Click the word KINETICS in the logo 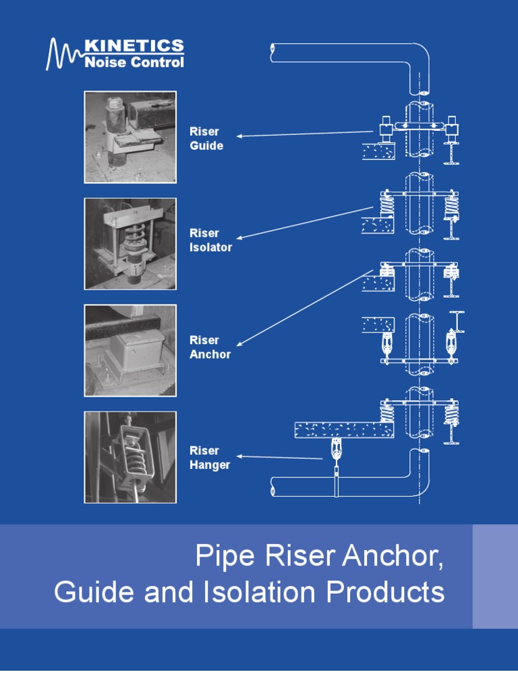[x=134, y=47]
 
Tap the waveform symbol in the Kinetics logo [x=63, y=55]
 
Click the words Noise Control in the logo [x=134, y=63]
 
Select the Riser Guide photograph [x=130, y=137]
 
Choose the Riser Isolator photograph [x=130, y=244]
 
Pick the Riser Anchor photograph [x=130, y=350]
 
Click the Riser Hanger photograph [x=130, y=457]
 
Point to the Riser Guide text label [x=206, y=138]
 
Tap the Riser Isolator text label [x=210, y=240]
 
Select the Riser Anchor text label [x=210, y=347]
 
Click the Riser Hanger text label [x=210, y=458]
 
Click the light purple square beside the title [x=495, y=576]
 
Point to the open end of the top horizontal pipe [x=271, y=49]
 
